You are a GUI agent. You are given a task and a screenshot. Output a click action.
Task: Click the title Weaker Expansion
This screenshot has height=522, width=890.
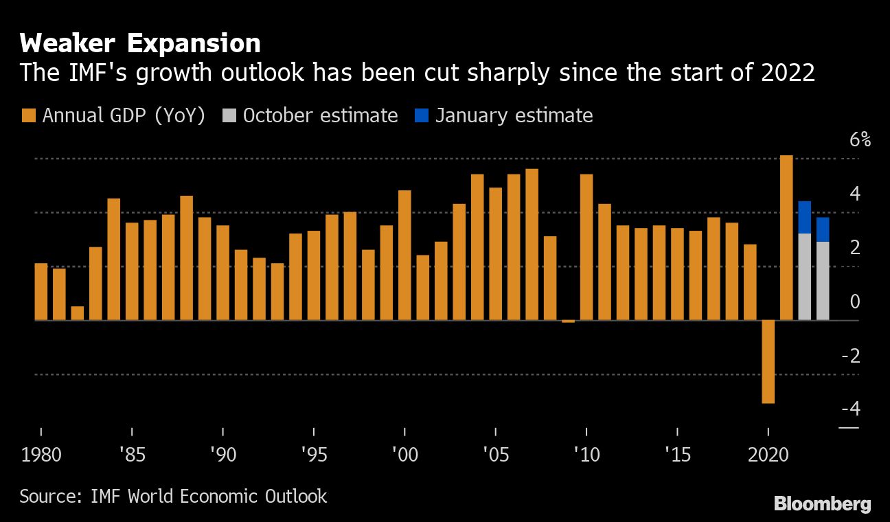(x=140, y=43)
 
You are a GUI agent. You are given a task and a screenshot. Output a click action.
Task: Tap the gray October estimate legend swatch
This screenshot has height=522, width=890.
(x=229, y=115)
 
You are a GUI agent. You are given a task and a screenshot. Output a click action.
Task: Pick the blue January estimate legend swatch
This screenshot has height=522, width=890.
(x=421, y=115)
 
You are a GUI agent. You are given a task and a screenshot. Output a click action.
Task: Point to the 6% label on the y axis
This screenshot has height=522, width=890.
(x=860, y=140)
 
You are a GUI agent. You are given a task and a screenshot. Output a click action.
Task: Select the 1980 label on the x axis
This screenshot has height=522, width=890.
(x=41, y=455)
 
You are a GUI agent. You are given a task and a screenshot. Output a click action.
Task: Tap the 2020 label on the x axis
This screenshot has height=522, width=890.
(x=768, y=455)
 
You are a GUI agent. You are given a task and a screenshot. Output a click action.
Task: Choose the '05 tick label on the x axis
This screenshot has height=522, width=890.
(x=495, y=455)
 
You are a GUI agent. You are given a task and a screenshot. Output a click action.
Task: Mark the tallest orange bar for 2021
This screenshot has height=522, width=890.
(x=786, y=237)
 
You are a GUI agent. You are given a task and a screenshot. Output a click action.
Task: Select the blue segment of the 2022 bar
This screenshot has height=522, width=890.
(x=804, y=217)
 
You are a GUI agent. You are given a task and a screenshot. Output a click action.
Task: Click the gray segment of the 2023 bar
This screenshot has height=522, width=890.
(x=823, y=280)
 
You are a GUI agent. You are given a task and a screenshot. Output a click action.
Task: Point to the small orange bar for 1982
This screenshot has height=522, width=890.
(x=77, y=313)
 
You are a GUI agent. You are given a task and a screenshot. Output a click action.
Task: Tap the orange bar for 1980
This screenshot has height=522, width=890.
(x=41, y=291)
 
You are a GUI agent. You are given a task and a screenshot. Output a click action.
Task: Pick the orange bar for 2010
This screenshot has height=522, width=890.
(x=586, y=247)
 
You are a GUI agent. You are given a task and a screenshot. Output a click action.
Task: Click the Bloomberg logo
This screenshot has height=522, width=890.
(x=822, y=503)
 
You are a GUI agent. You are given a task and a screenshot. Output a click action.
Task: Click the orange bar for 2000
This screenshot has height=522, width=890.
(x=404, y=255)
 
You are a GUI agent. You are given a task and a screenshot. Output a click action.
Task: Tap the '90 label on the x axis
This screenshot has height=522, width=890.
(x=223, y=455)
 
